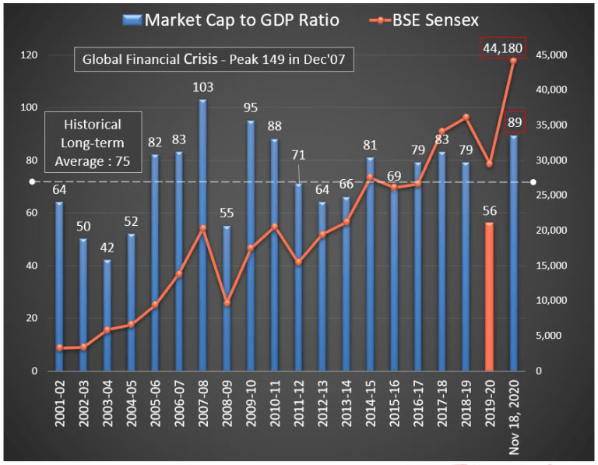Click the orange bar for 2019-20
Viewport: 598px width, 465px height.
[x=489, y=297]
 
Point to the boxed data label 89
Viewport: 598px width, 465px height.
[x=514, y=122]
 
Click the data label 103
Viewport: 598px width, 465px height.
[x=202, y=86]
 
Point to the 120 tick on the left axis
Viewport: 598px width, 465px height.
[x=30, y=55]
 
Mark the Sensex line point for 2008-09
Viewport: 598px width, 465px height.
[x=227, y=302]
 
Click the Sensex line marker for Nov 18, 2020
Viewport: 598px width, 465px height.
[x=514, y=61]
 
